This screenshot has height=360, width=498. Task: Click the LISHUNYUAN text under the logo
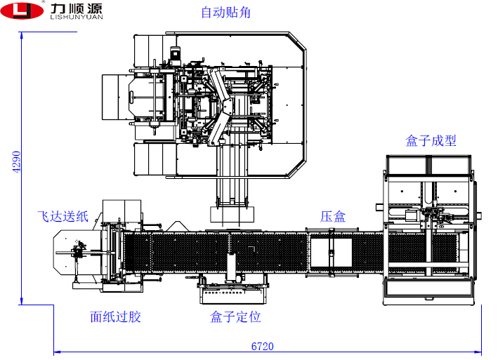click(77, 19)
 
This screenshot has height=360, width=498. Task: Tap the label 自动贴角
click(225, 13)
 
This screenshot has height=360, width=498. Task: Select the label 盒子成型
click(431, 140)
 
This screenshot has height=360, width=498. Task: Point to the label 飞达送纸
click(63, 216)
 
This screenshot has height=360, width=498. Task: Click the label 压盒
click(333, 217)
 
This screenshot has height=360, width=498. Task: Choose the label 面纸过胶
click(115, 317)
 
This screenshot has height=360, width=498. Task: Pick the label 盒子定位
click(235, 317)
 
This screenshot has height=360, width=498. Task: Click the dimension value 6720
click(262, 346)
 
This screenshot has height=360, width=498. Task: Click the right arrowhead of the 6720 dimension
click(480, 351)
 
